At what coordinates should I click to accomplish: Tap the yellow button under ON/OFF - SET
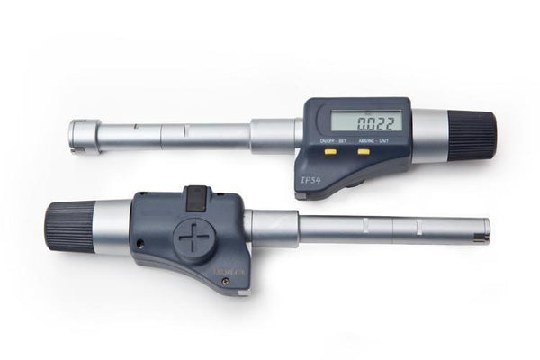coord(330,152)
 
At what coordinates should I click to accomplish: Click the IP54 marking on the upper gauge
coord(309,178)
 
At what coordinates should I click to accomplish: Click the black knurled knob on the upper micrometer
coord(472,134)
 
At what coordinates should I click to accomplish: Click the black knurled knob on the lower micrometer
coord(69,225)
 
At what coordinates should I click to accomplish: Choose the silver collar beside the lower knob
coord(112,227)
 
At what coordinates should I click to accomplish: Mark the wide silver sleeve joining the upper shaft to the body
coord(274,136)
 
